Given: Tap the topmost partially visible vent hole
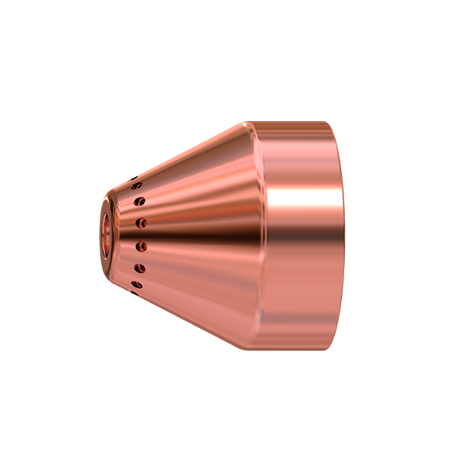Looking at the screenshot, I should click(136, 183).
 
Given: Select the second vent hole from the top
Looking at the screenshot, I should click(139, 202).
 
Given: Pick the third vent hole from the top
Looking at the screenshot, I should click(141, 223).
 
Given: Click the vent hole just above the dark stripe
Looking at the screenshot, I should click(141, 223).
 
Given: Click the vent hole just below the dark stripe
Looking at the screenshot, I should click(141, 246).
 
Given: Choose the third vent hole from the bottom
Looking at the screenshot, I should click(141, 246).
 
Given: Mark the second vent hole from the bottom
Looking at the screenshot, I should click(139, 268).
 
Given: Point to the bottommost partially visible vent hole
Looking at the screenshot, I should click(136, 285).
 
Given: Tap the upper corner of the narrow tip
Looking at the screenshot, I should click(104, 197).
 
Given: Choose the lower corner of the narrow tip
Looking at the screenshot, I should click(104, 273).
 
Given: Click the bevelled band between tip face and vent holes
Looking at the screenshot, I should click(121, 235).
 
